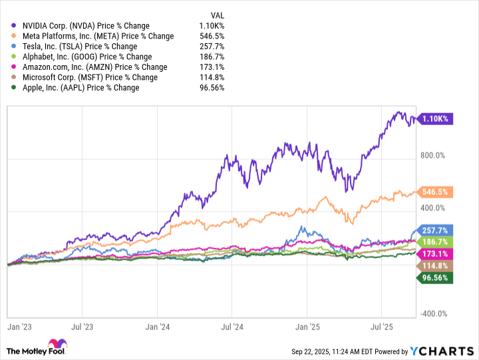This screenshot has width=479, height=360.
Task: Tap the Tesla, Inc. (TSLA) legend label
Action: click(79, 47)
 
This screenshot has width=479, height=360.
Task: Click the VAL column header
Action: click(216, 15)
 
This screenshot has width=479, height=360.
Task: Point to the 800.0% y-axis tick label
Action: click(436, 156)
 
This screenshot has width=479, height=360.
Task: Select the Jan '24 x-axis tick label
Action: click(157, 327)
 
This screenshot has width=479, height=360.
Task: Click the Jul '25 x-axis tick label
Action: click(381, 327)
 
